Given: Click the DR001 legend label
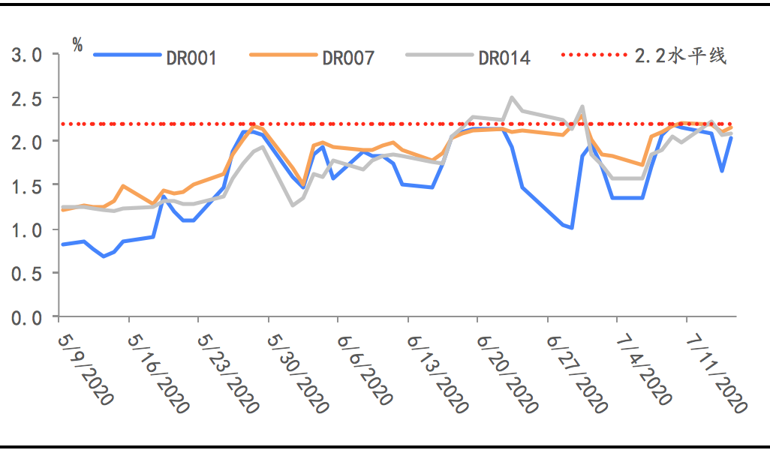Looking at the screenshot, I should point(191,58).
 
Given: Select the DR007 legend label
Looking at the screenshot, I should point(347,58).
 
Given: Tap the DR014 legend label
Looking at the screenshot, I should point(504,58).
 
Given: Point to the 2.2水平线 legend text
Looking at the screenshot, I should point(680,56).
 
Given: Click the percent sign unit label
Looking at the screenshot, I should point(77,43).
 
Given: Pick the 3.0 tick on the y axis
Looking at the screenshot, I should point(26,55).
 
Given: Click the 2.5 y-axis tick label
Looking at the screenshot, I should point(26,98).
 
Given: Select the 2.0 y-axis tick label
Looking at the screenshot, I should point(26,142).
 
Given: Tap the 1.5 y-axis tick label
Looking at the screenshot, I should point(26,185).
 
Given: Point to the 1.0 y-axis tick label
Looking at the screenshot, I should point(26,229).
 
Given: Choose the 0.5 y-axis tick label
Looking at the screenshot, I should point(26,273).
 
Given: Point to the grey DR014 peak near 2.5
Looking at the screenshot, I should point(512,97).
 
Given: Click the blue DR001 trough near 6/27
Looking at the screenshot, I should point(572,227).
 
